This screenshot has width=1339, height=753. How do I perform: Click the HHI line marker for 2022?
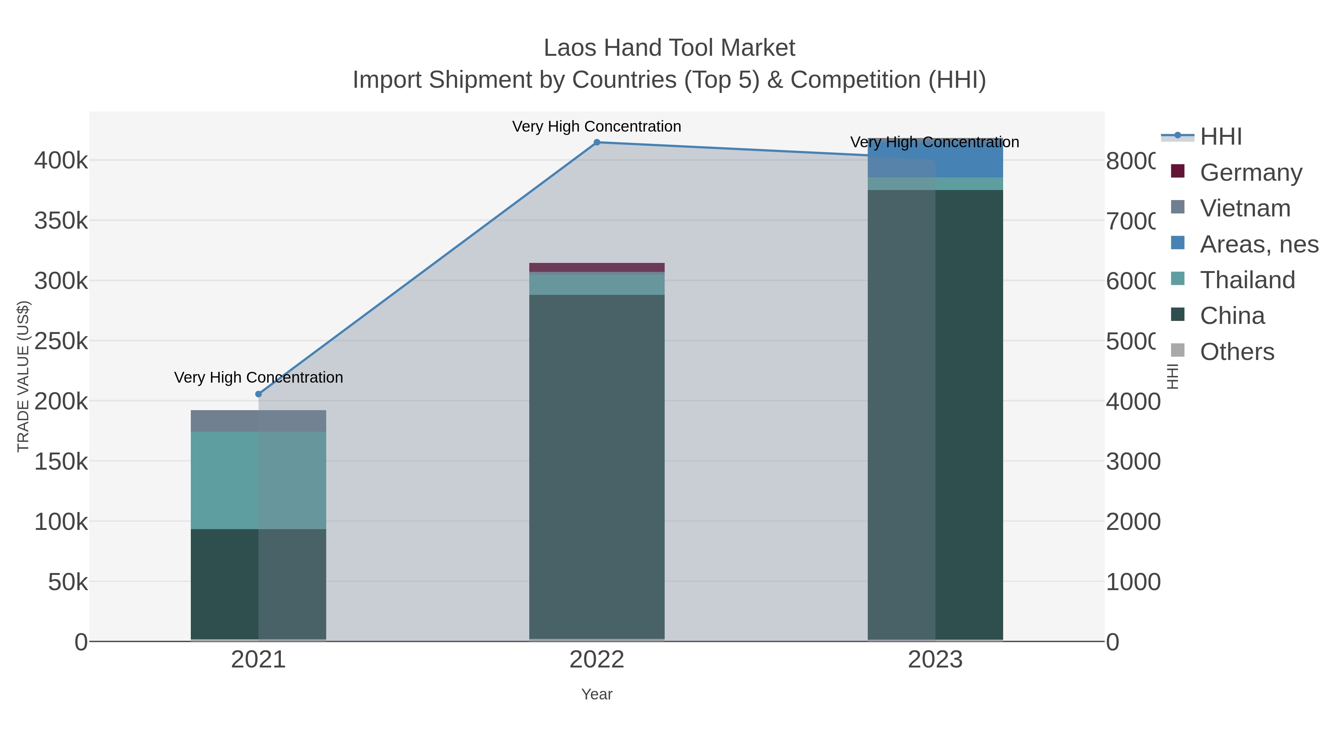(x=597, y=142)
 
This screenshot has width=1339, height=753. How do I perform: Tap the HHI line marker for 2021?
(x=259, y=394)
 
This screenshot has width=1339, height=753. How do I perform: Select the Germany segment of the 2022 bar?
(x=597, y=267)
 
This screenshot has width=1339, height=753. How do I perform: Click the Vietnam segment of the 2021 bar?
(x=259, y=421)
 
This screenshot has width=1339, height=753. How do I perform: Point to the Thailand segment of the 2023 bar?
(x=935, y=183)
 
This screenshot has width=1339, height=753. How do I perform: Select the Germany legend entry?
(x=1250, y=172)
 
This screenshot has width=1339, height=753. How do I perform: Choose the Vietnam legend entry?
(x=1245, y=208)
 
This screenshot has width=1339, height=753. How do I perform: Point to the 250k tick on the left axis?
(x=61, y=341)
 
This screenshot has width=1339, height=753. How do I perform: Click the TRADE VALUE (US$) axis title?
(x=23, y=376)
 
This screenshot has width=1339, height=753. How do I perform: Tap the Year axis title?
(x=597, y=694)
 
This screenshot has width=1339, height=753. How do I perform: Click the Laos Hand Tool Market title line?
(x=669, y=48)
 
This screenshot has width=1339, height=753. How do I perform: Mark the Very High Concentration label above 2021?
(x=259, y=377)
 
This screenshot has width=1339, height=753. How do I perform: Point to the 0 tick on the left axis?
(x=81, y=642)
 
